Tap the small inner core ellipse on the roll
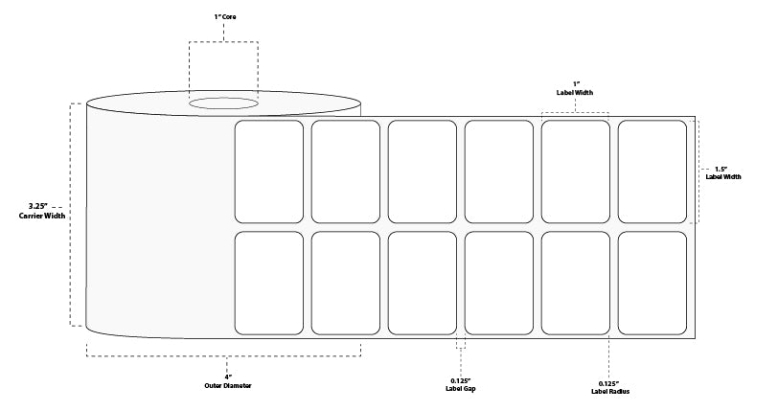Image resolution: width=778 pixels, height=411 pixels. coord(222,103)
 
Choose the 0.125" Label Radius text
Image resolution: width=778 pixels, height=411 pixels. coord(609,387)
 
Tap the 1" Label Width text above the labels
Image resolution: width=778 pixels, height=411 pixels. coord(576,88)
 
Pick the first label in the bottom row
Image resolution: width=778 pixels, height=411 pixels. coord(269,284)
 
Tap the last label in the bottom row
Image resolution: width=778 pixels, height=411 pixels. coord(652,284)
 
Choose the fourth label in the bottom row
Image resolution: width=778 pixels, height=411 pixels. coord(499,284)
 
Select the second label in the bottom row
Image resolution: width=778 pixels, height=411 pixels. coord(346,284)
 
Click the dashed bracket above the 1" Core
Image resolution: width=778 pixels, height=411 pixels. coord(223,43)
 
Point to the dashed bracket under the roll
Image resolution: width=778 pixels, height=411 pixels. coord(224,355)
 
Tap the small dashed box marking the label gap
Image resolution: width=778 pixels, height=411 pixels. coord(461,341)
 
